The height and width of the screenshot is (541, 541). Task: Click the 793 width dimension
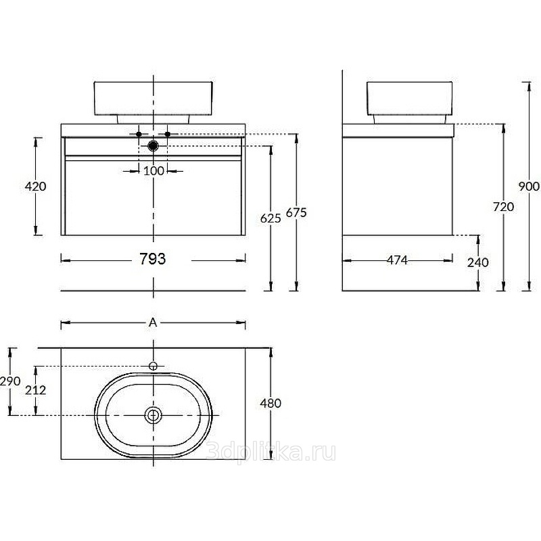(153, 259)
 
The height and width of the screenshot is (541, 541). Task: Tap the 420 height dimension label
(35, 187)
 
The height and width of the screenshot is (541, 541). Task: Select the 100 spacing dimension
(154, 171)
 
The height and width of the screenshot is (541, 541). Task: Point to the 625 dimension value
(270, 218)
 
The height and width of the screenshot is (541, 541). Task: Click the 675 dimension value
(296, 212)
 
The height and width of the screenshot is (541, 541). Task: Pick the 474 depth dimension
(397, 260)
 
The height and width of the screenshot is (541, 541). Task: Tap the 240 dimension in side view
(478, 262)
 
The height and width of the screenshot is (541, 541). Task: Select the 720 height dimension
(503, 207)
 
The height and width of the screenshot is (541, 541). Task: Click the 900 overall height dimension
(529, 187)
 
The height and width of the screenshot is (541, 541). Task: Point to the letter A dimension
(153, 323)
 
